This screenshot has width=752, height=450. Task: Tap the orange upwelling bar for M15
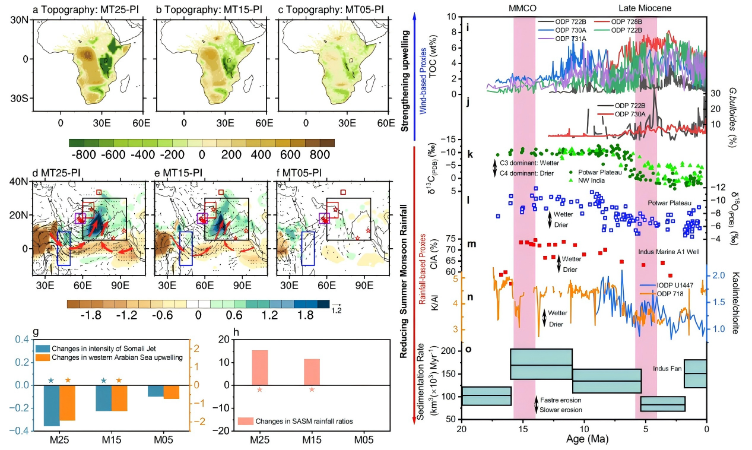[119, 398]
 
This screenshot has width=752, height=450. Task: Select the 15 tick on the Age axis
[522, 429]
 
